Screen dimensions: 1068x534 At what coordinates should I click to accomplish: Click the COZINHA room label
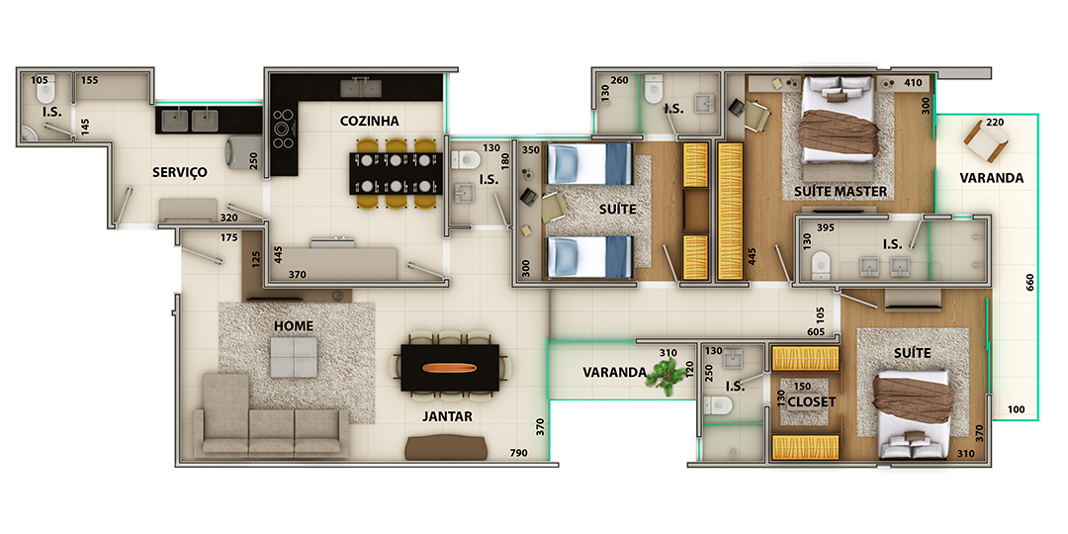pyautogui.click(x=369, y=122)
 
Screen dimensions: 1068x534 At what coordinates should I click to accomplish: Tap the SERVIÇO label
pyautogui.click(x=180, y=172)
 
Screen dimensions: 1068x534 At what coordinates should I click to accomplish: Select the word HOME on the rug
pyautogui.click(x=294, y=326)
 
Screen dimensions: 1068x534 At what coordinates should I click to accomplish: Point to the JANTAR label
pyautogui.click(x=447, y=416)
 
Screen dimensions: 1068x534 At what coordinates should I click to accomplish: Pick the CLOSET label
pyautogui.click(x=811, y=401)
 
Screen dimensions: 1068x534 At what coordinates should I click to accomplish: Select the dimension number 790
pyautogui.click(x=519, y=453)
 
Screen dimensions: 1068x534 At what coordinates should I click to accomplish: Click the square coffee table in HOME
pyautogui.click(x=294, y=358)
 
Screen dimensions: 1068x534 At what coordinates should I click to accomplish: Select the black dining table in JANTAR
pyautogui.click(x=450, y=368)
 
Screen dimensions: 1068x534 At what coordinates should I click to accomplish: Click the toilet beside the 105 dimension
pyautogui.click(x=49, y=93)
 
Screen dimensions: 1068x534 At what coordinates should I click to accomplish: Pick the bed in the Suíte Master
pyautogui.click(x=838, y=120)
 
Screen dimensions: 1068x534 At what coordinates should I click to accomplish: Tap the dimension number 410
pyautogui.click(x=914, y=83)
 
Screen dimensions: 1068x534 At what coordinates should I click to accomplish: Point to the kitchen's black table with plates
pyautogui.click(x=396, y=174)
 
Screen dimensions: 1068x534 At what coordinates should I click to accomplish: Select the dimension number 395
pyautogui.click(x=826, y=227)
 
